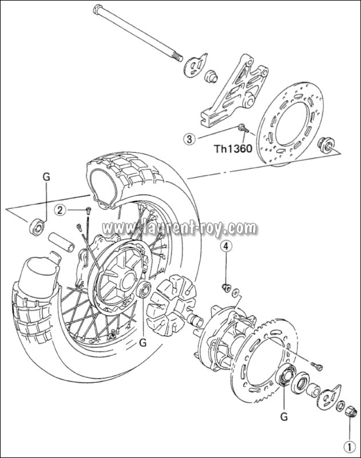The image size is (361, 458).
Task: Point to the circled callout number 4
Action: [x=227, y=246]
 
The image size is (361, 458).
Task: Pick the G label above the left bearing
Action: [x=46, y=177]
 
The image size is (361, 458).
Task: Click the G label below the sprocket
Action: [x=284, y=416]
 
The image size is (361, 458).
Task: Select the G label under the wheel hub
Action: [x=143, y=343]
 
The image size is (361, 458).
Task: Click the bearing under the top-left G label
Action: [x=37, y=226]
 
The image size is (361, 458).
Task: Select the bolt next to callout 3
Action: [x=243, y=129]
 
